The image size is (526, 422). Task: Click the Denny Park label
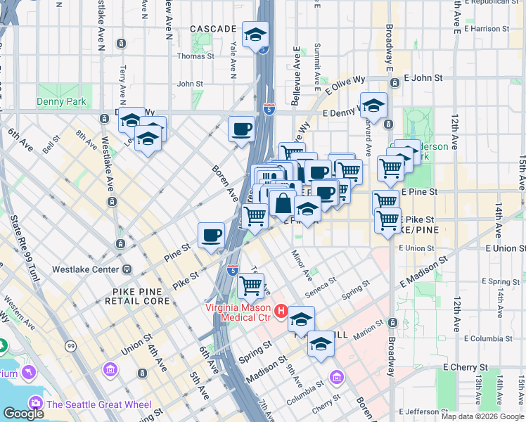61,102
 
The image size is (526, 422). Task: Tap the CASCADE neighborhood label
213,29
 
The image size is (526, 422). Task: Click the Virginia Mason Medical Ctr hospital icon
281,310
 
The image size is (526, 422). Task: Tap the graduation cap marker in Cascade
255,34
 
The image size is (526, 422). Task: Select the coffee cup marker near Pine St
211,236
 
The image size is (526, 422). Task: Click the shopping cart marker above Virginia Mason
251,286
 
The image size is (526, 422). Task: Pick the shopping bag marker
282,203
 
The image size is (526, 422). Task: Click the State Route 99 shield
70,346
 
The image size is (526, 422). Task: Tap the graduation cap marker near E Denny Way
374,105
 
